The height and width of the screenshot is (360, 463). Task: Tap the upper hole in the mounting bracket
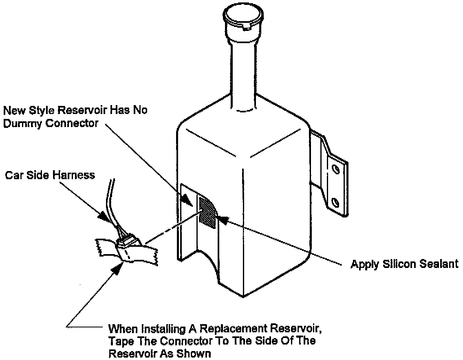tap(335, 168)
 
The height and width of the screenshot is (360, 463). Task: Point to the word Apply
tap(364, 265)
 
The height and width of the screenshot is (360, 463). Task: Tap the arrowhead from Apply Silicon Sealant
tap(222, 219)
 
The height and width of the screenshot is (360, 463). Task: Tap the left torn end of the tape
tap(99, 247)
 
